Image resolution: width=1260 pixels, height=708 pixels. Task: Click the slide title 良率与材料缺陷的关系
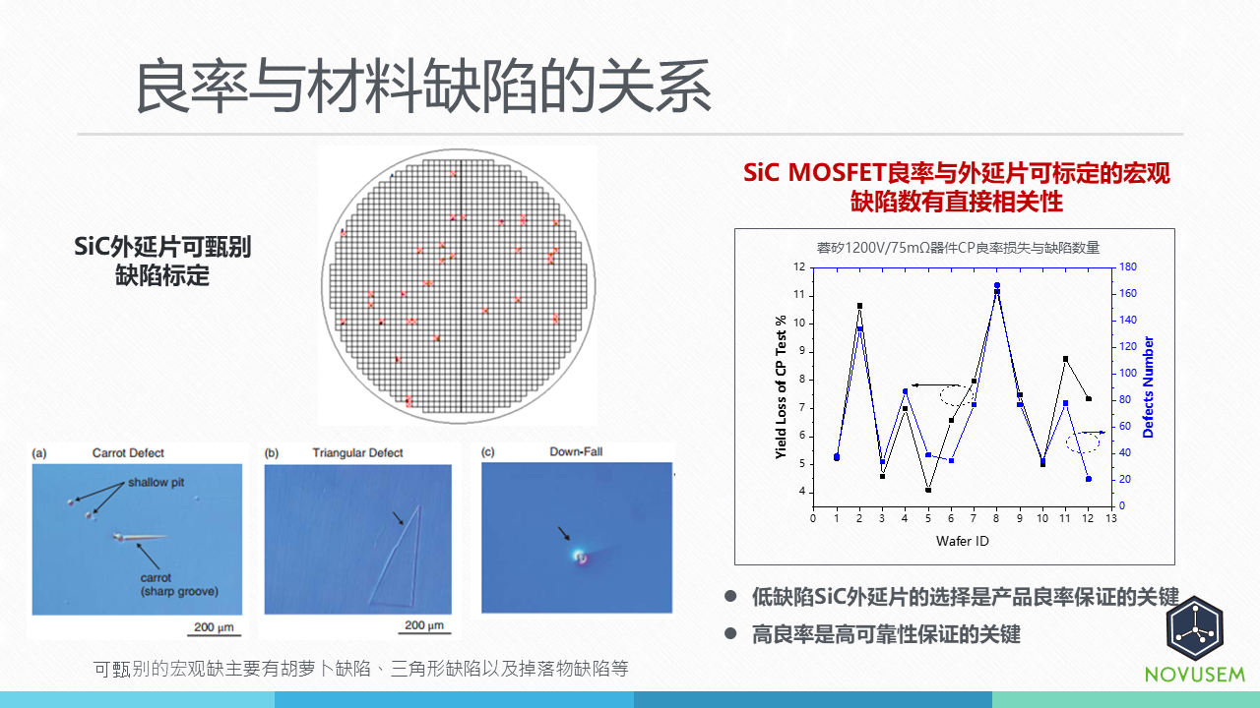[x=422, y=87]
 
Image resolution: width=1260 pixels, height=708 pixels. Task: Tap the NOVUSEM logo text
[x=1195, y=675]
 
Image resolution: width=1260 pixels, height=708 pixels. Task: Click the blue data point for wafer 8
[x=996, y=286]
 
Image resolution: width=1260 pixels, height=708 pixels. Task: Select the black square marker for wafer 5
[x=928, y=490]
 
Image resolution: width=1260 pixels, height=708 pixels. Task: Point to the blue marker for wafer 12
[x=1088, y=479]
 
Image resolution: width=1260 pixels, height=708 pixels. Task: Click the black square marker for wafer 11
[x=1065, y=359]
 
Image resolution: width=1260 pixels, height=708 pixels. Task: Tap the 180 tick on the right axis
[x=1128, y=266]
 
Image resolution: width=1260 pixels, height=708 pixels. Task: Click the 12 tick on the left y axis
[x=799, y=266]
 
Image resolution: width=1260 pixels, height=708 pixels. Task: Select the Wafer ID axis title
[x=962, y=541]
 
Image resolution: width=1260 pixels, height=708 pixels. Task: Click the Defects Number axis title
[x=1148, y=386]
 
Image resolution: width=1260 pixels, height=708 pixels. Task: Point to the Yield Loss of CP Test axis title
[x=781, y=387]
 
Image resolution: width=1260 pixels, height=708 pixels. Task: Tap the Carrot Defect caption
[x=128, y=452]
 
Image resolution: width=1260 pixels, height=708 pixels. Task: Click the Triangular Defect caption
[x=357, y=452]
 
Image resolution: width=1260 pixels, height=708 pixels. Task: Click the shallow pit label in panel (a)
[x=156, y=483]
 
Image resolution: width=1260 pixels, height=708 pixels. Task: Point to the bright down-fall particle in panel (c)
[x=581, y=558]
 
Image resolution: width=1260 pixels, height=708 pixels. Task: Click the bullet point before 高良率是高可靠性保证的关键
[x=730, y=634]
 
